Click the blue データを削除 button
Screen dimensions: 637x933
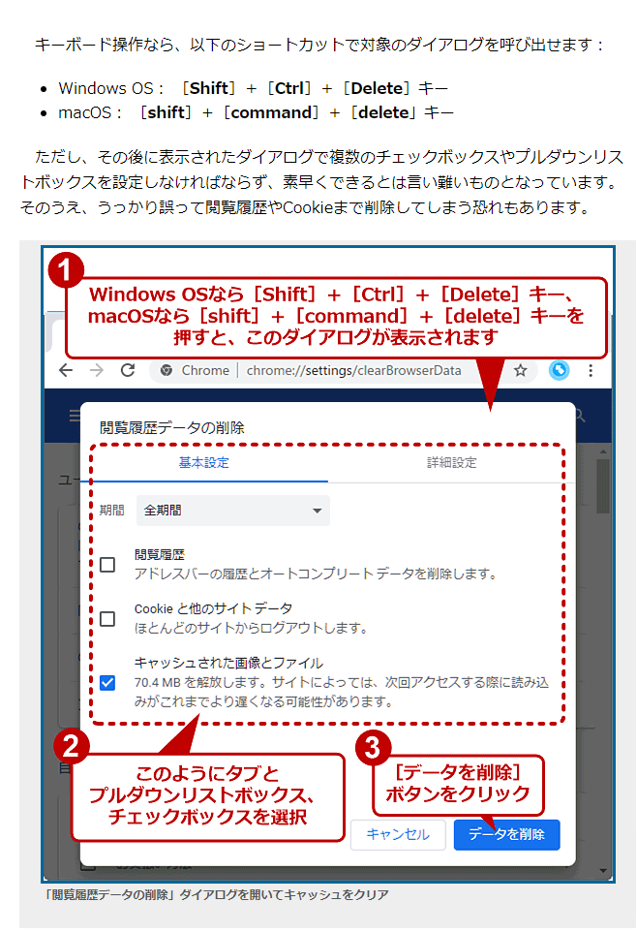point(506,834)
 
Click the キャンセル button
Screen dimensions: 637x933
point(397,834)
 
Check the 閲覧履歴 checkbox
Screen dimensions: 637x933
point(107,564)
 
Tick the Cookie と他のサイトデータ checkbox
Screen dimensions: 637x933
point(107,619)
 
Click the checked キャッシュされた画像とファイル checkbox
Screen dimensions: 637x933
point(107,682)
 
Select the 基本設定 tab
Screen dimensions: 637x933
point(204,462)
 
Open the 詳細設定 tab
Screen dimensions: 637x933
point(452,462)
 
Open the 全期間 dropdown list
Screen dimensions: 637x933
point(233,510)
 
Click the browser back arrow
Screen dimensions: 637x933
point(66,370)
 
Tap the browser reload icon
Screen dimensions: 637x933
point(128,370)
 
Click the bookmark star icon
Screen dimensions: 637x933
point(521,370)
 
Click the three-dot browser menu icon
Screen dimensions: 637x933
point(591,370)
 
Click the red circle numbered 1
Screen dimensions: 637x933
point(66,270)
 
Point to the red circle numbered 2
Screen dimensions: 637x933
point(72,746)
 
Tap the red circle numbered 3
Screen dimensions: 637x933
point(374,748)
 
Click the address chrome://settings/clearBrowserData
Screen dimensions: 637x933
point(354,370)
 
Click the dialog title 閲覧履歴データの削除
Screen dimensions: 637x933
point(172,427)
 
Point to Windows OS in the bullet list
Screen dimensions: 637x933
point(106,88)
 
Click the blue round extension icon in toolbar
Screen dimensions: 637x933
point(560,370)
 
